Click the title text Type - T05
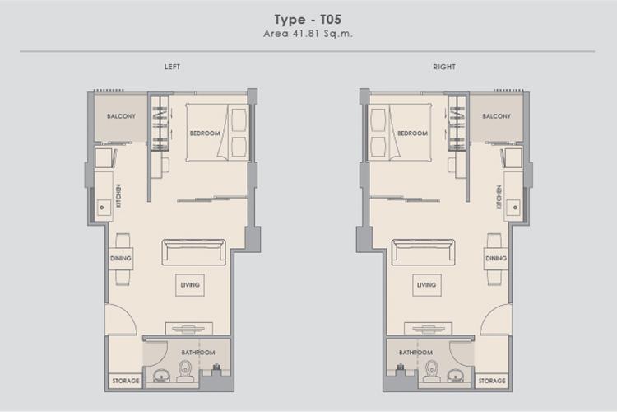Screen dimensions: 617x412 pyautogui.click(x=308, y=20)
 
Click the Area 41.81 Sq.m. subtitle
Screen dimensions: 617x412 pyautogui.click(x=308, y=34)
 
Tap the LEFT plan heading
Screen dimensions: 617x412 pyautogui.click(x=173, y=67)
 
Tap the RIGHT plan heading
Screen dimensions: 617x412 pyautogui.click(x=444, y=67)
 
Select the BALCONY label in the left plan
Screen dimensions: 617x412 pyautogui.click(x=121, y=116)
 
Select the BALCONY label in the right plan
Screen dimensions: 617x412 pyautogui.click(x=497, y=116)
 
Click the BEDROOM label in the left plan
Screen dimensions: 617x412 pyautogui.click(x=205, y=133)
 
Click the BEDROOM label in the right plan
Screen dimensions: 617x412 pyautogui.click(x=412, y=133)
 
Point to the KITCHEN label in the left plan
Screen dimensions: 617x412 pyautogui.click(x=118, y=196)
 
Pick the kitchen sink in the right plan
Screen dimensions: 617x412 pyautogui.click(x=514, y=208)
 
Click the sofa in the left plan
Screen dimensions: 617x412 pyautogui.click(x=193, y=252)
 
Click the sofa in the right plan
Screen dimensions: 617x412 pyautogui.click(x=424, y=252)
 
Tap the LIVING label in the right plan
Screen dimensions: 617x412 pyautogui.click(x=426, y=284)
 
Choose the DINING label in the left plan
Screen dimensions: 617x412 pyautogui.click(x=121, y=258)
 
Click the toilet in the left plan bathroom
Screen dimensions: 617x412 pyautogui.click(x=185, y=372)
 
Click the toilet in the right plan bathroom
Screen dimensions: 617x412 pyautogui.click(x=432, y=372)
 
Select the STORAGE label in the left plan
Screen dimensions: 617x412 pyautogui.click(x=126, y=381)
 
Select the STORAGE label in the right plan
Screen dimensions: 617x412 pyautogui.click(x=492, y=381)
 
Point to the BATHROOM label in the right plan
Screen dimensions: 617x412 pyautogui.click(x=416, y=353)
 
